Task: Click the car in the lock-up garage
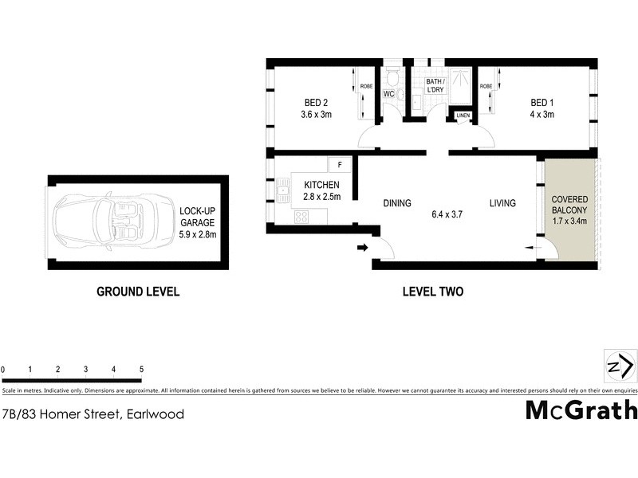(x=113, y=221)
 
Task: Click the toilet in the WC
(x=391, y=79)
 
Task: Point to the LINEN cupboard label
(x=463, y=116)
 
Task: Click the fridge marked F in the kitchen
(x=340, y=165)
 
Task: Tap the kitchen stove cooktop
(x=301, y=216)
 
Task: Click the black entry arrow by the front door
(x=362, y=248)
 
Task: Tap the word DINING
(x=396, y=203)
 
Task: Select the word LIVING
(x=502, y=203)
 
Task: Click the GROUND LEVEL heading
(x=138, y=292)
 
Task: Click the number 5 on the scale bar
(x=141, y=370)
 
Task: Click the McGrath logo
(x=581, y=409)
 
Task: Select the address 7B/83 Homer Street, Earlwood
(x=93, y=413)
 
